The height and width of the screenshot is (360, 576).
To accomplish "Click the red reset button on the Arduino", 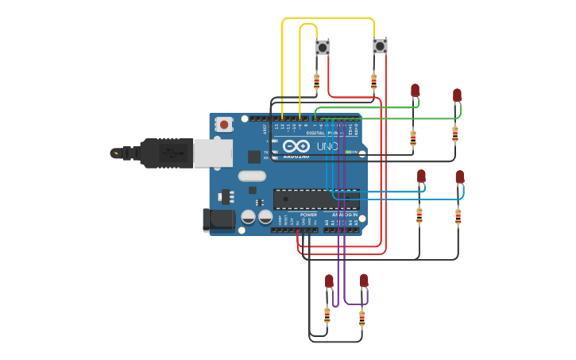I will point(225,124).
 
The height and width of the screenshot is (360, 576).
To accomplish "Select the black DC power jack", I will point(218,220).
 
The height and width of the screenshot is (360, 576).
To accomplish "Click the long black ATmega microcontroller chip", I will point(316,199).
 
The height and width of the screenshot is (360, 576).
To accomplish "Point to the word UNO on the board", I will point(328,147).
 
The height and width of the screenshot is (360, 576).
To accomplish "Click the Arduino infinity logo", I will point(295,146).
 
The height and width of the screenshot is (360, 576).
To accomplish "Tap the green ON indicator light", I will point(347,152).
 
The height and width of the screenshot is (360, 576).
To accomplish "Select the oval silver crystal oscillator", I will point(251,176).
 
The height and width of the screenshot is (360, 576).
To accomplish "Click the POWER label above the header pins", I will point(308,215).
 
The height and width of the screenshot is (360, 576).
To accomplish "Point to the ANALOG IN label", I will point(344,215).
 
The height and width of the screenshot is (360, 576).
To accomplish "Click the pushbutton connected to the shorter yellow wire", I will point(323,48).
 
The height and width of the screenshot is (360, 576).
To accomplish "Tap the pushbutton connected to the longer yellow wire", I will point(380,47).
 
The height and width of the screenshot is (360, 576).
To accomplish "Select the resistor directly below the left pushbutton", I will point(317,81).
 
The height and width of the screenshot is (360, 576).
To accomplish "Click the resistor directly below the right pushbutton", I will point(373,81).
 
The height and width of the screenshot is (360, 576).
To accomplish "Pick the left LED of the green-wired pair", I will point(415,91).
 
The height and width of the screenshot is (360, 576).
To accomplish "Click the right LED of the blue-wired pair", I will point(459,177).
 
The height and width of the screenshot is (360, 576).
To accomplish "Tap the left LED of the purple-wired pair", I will point(329,281).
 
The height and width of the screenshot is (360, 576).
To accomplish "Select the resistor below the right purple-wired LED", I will point(362,319).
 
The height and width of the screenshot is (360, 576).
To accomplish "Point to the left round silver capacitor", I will point(249,217).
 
